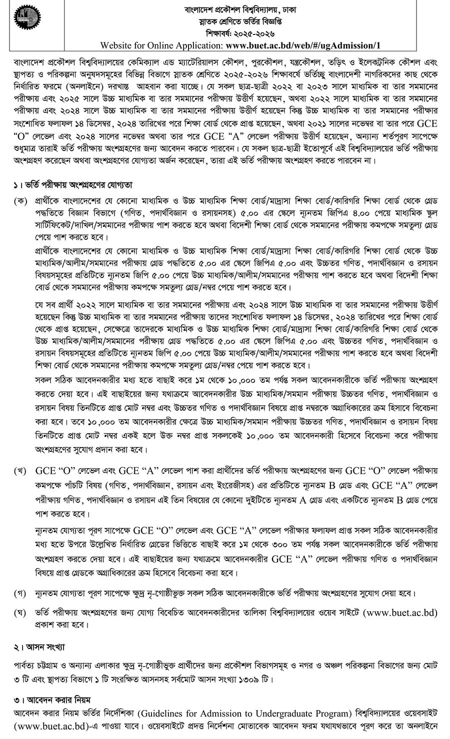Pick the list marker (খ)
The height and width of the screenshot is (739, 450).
pos(21,471)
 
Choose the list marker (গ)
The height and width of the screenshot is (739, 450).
pos(21,593)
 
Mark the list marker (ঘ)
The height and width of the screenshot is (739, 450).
pos(21,612)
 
